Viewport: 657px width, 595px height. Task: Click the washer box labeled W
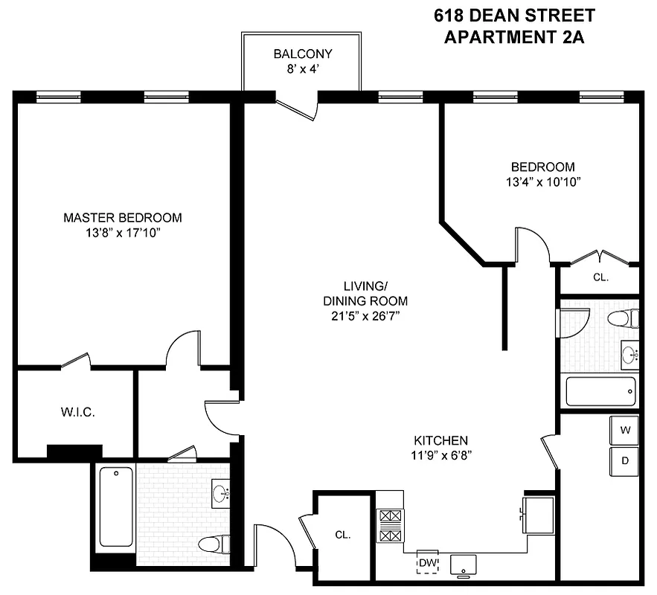625,429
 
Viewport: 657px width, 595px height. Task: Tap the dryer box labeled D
625,460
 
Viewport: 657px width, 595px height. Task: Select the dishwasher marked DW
427,562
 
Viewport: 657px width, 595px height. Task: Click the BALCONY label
302,54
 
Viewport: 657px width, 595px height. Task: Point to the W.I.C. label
77,412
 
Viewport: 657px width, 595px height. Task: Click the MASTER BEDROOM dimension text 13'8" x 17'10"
123,234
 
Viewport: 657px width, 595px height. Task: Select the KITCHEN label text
440,440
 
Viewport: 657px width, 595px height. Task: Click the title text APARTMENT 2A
513,36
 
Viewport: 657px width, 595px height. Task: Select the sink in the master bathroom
221,493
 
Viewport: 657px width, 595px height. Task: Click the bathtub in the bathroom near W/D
600,391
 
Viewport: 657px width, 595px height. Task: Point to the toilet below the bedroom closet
623,318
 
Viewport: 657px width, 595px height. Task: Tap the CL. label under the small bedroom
600,277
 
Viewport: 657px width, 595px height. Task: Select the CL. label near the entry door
342,535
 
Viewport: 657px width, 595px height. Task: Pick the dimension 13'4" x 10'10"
542,181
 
